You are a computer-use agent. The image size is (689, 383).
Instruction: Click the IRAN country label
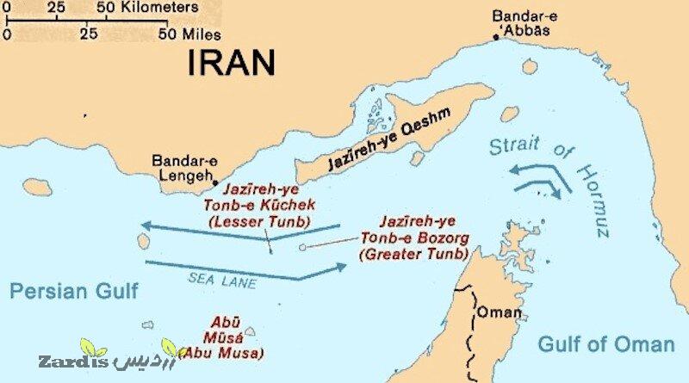[232, 62]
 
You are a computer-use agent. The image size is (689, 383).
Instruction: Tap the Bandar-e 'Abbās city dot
[495, 37]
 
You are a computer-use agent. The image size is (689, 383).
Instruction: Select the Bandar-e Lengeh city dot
[214, 182]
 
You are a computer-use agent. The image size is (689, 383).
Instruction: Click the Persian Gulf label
[73, 291]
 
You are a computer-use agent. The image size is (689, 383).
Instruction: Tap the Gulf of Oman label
[605, 344]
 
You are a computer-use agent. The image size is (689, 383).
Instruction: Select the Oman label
[499, 312]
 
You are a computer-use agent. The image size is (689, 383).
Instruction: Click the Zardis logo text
[65, 360]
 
